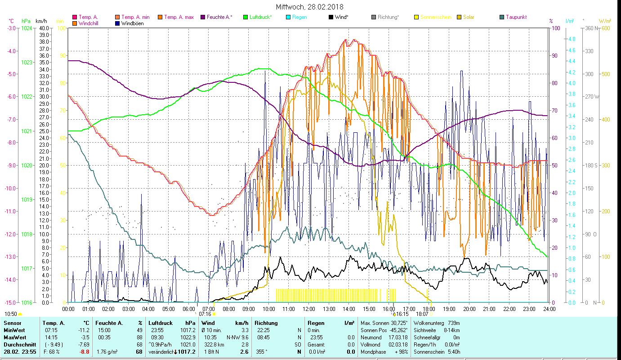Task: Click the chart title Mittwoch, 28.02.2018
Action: click(x=310, y=7)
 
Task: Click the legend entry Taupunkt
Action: click(x=516, y=17)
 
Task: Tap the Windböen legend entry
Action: click(x=132, y=23)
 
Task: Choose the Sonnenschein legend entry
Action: click(x=435, y=17)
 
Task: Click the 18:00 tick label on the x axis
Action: click(x=429, y=309)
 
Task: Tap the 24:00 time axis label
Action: click(x=549, y=309)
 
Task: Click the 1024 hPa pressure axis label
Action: click(x=27, y=28)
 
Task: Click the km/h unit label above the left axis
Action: click(x=41, y=21)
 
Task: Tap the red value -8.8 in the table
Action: click(x=84, y=352)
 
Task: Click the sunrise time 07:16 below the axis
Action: click(x=205, y=314)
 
